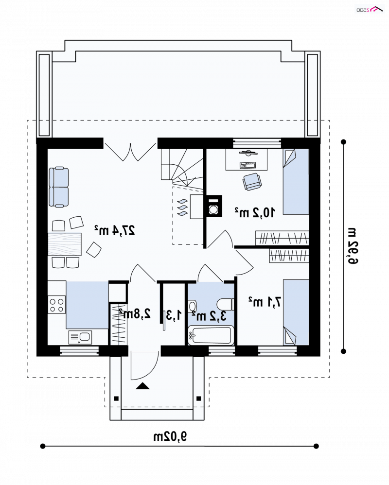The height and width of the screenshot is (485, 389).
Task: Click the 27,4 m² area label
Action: coord(114,230)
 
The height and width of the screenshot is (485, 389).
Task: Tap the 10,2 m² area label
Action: coord(254,212)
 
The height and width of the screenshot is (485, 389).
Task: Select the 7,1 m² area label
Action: coord(265,302)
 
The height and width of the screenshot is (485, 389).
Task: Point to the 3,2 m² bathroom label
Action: coord(209,316)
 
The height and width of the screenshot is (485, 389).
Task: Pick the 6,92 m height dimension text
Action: coord(352,246)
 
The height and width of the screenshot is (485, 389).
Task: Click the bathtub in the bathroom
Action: coord(211,335)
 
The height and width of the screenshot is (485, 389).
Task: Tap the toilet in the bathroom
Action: coord(225,304)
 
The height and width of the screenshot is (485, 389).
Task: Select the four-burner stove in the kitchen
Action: coord(56,305)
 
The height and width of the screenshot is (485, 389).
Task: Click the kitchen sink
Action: coord(80,337)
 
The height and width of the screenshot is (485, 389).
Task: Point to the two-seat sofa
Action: coord(58,187)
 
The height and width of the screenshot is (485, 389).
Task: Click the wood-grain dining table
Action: coord(64,244)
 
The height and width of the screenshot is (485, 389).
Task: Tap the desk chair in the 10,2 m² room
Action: coord(252,182)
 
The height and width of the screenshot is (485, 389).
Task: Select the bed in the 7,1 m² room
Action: coord(296,312)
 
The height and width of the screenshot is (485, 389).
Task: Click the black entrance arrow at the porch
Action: coord(142,386)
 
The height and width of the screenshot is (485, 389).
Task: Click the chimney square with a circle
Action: coord(212,206)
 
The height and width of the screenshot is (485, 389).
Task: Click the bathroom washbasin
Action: coord(192,307)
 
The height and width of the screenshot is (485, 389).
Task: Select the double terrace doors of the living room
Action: coord(130,152)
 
